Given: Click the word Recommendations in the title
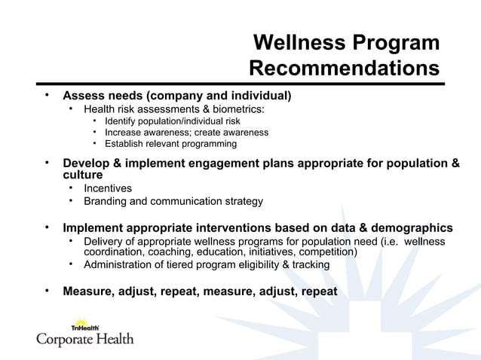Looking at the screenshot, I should (344, 69).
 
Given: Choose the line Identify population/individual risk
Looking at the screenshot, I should (173, 121).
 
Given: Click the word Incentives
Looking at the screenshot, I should (108, 188).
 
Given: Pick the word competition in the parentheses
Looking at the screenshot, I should (329, 252).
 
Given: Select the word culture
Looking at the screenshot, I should (82, 174).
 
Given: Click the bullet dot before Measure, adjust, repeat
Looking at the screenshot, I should (46, 291).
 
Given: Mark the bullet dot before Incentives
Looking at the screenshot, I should (70, 188).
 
